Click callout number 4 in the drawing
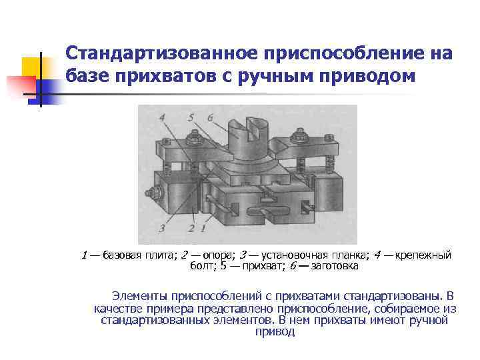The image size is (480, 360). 163,118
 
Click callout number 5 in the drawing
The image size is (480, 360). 191,118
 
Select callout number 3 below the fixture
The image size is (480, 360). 162,228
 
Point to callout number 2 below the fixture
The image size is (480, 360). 192,228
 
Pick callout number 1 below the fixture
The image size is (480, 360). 202,228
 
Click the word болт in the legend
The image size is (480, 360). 202,266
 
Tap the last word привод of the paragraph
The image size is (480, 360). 274,331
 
